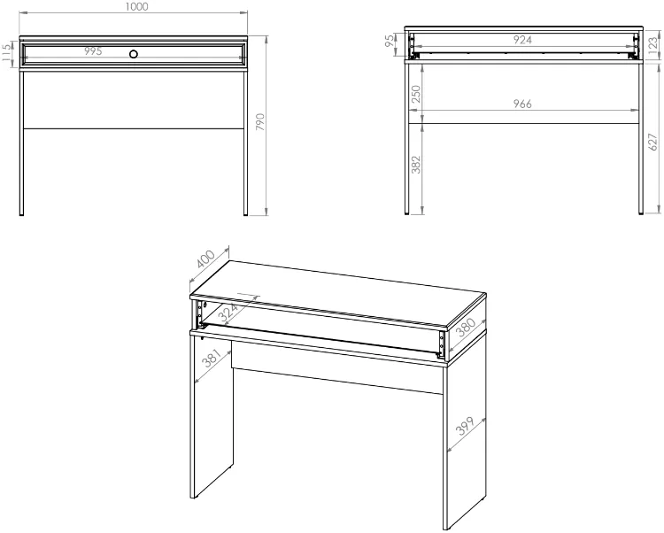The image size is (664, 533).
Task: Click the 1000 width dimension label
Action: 137,7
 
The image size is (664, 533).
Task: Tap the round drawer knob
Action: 134,54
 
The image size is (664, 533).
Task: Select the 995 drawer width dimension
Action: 93,51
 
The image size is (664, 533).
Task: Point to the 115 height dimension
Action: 6,53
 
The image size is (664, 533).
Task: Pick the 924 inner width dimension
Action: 522,40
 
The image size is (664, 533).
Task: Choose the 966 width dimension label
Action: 522,104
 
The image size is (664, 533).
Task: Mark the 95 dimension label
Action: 390,41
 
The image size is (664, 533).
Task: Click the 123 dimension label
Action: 653,44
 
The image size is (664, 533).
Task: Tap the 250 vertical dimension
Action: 416,94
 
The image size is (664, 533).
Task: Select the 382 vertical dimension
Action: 416,165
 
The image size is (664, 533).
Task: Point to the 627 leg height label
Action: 653,142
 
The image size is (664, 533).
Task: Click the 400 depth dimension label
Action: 206,259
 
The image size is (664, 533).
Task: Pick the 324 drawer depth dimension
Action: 228,313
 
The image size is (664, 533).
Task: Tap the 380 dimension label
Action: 466,327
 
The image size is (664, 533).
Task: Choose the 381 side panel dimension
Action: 212,359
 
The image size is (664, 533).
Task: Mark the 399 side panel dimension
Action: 465,427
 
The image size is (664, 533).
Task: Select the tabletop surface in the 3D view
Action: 337,293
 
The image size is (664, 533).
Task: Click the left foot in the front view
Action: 21,214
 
